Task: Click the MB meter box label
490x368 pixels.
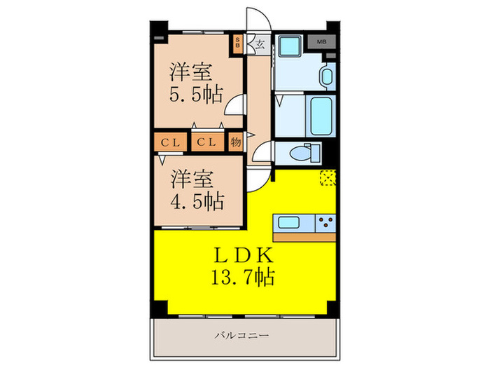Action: click(x=321, y=42)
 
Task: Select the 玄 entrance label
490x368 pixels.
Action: click(x=259, y=43)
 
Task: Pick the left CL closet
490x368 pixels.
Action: click(x=171, y=142)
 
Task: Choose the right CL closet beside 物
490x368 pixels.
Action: click(x=206, y=142)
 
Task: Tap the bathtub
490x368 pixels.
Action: click(x=322, y=115)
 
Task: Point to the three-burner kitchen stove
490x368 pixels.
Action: click(x=325, y=224)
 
